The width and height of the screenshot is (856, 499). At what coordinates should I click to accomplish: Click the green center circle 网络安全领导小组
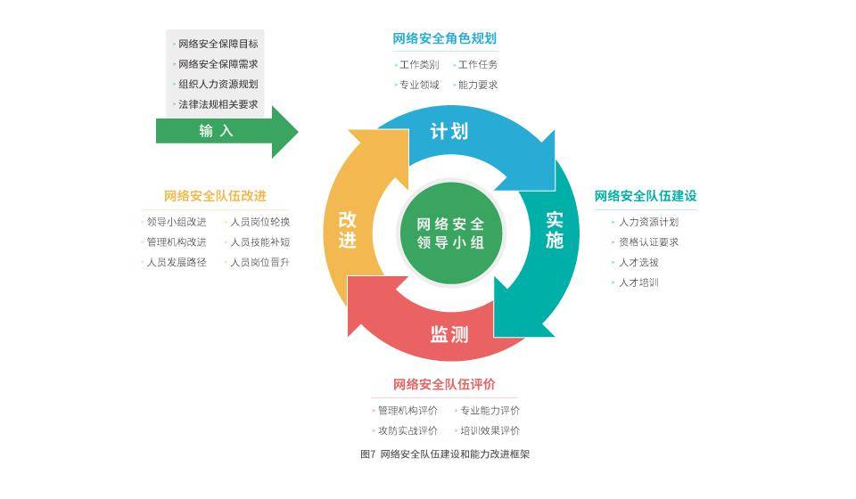click(x=450, y=233)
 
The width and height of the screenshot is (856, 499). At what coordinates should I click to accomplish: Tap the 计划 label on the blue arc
click(x=449, y=131)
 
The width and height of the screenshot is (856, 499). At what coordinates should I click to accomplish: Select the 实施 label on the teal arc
click(x=555, y=230)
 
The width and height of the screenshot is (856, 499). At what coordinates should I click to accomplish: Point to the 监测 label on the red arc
click(x=449, y=334)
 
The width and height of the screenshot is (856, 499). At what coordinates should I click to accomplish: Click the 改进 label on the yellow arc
click(x=348, y=230)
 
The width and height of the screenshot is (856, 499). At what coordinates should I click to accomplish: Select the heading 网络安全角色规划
click(x=444, y=38)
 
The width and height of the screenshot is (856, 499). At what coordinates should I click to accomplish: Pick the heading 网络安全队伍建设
click(x=646, y=196)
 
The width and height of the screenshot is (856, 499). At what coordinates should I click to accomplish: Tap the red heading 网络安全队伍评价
click(x=444, y=385)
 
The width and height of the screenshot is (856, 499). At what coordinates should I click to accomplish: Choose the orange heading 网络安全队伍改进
click(x=215, y=196)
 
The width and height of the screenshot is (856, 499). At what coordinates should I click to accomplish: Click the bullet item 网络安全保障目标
click(x=218, y=44)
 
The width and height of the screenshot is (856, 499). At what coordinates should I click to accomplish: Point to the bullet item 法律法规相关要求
click(x=218, y=104)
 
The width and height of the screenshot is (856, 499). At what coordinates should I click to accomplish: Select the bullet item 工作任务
click(x=478, y=64)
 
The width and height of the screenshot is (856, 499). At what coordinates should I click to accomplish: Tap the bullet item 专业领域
click(x=419, y=85)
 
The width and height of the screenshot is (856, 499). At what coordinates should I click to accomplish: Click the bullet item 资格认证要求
click(x=648, y=241)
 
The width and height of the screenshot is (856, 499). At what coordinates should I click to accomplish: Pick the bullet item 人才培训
click(x=638, y=282)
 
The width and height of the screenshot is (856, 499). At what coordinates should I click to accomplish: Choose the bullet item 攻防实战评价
click(x=407, y=430)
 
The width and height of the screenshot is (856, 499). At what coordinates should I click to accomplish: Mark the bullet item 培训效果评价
click(x=490, y=430)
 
